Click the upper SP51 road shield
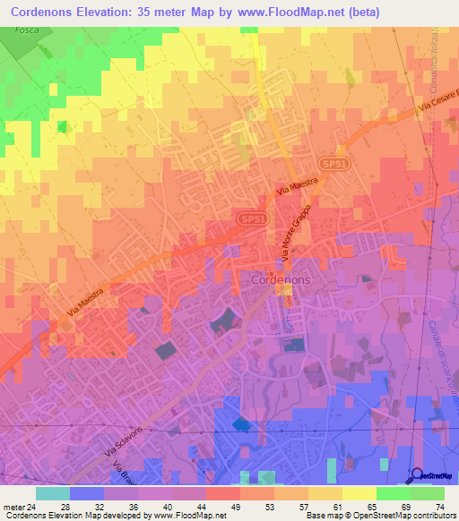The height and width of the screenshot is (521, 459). [x=333, y=167]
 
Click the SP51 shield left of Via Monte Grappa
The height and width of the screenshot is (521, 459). [x=252, y=218]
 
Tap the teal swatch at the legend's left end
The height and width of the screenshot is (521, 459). [x=52, y=493]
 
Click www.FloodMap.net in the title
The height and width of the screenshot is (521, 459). [x=289, y=12]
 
